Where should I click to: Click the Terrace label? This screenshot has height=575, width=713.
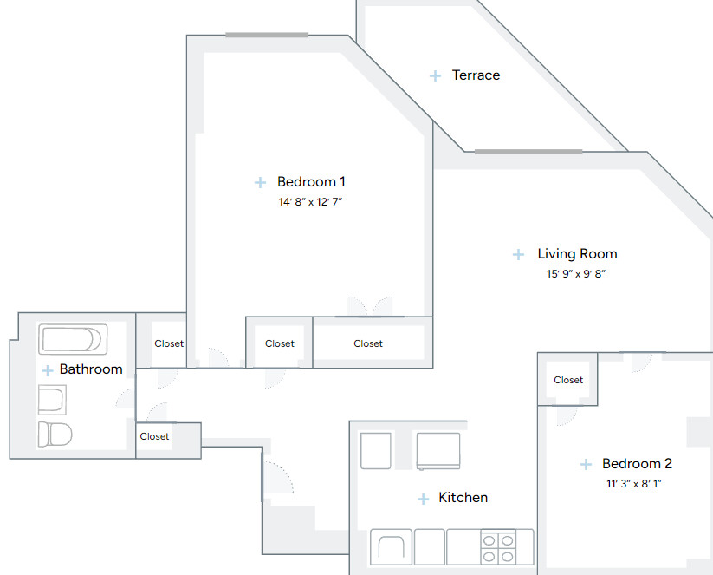pos(476,75)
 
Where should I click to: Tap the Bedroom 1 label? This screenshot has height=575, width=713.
pos(311,182)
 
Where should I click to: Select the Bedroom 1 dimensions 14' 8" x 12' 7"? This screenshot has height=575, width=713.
pos(311,202)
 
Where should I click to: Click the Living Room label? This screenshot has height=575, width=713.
pos(577,254)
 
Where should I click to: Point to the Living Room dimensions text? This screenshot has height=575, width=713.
pos(576,274)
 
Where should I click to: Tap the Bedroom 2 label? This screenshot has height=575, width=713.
pos(637,464)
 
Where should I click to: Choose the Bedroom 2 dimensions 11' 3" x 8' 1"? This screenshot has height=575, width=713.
pos(636,484)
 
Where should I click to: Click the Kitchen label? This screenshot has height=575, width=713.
pos(463,498)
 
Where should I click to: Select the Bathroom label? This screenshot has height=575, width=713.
pos(91,369)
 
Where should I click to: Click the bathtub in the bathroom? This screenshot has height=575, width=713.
pos(73,339)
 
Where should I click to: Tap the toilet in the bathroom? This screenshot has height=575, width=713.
pos(55,434)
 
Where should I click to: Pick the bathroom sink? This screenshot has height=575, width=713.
pos(52,400)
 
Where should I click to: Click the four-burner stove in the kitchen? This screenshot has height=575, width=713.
pos(498,547)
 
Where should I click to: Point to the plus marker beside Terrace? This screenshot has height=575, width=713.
pos(436,76)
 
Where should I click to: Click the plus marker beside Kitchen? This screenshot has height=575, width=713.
pos(423,499)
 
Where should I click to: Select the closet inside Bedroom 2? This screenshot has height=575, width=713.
pos(568,380)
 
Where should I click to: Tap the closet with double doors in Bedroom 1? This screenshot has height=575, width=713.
pos(368,343)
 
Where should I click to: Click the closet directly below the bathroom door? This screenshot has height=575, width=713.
pos(155,436)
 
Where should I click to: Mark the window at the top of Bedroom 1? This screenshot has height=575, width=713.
pos(267,35)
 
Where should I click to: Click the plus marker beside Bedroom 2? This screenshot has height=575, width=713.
pos(587,465)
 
